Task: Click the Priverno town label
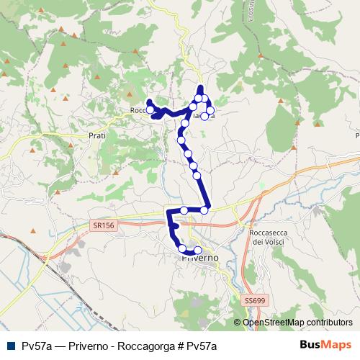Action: tap(201, 256)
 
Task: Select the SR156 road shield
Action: tap(104, 225)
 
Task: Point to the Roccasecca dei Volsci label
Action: tap(266, 238)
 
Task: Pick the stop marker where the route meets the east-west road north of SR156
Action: tap(205, 210)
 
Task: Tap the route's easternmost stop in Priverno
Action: tap(198, 250)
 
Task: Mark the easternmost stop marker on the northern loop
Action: tap(211, 110)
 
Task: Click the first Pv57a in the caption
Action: tap(35, 345)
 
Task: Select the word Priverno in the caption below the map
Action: tap(89, 345)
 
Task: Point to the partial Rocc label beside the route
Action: tap(138, 110)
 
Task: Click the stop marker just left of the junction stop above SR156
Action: tap(184, 210)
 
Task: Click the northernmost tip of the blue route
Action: tap(200, 87)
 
